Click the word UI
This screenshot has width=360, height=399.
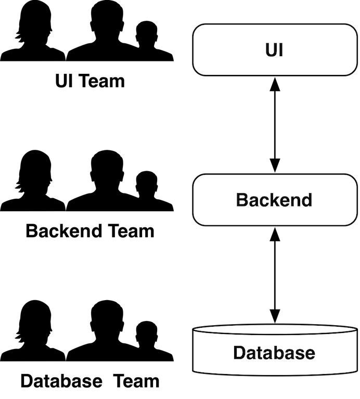tap(274, 50)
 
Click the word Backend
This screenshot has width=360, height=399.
tap(274, 200)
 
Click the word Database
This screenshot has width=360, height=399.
tap(274, 353)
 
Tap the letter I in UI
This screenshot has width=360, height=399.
tap(281, 50)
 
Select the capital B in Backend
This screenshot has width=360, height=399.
tap(242, 200)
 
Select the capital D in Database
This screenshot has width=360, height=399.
tap(239, 353)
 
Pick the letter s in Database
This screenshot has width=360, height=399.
tap(301, 354)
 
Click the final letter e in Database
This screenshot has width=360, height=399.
tap(310, 354)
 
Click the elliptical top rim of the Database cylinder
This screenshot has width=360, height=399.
tap(274, 330)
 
